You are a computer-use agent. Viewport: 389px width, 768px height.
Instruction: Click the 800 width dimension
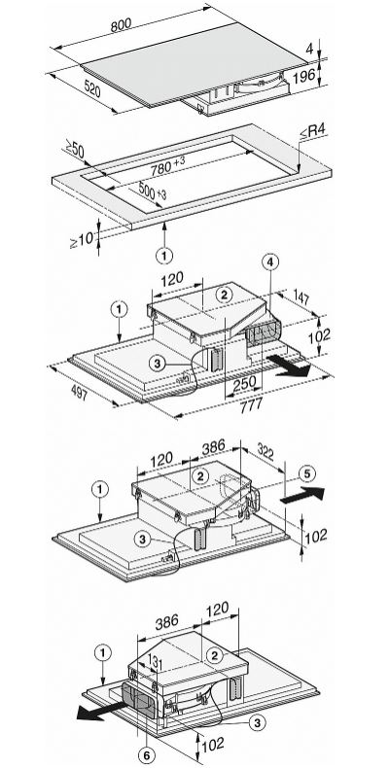[x=121, y=25]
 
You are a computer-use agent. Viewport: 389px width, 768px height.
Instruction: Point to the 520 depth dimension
[x=92, y=89]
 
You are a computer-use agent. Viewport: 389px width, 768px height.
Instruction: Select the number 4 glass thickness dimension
[x=309, y=49]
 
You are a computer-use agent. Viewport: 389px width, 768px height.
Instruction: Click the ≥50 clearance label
[x=75, y=149]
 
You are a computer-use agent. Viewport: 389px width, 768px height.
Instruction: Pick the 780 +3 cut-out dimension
[x=168, y=166]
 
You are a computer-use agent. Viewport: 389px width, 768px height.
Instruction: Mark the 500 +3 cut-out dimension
[x=153, y=191]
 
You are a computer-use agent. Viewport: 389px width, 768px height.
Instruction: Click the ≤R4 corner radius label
[x=313, y=132]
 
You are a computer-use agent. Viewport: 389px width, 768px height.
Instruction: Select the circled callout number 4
[x=269, y=262]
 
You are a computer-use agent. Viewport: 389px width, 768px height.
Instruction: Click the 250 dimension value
[x=244, y=382]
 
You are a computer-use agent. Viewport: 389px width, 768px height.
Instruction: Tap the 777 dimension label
[x=251, y=405]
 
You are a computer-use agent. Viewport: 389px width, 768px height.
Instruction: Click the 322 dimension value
[x=265, y=453]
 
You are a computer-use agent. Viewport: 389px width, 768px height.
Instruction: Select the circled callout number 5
[x=307, y=473]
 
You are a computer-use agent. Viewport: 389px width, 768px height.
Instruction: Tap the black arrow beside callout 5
[x=302, y=494]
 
